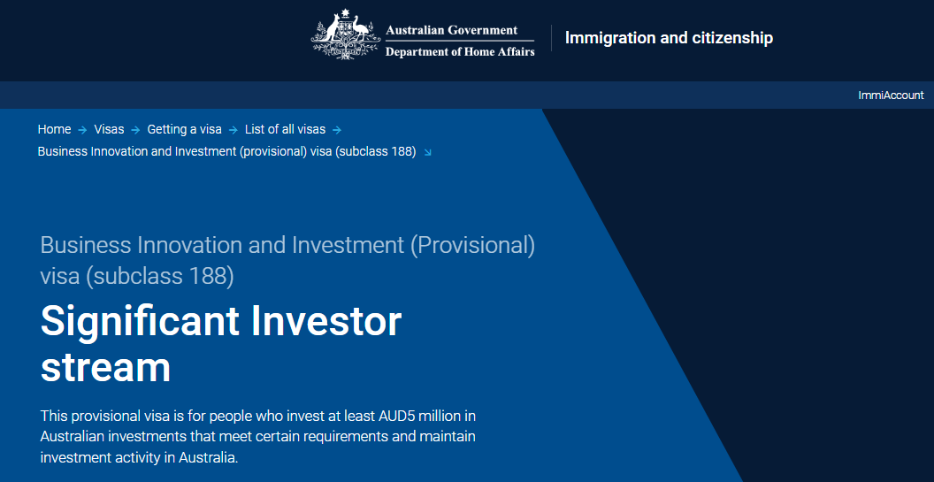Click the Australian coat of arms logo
(x=346, y=34)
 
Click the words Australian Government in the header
(x=451, y=30)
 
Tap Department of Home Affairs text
(x=460, y=52)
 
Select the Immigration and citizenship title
(x=669, y=38)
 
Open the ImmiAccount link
(x=892, y=96)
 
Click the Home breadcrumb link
(x=54, y=129)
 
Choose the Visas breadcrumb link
(x=109, y=129)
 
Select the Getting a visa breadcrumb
(x=185, y=129)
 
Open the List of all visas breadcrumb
(x=286, y=129)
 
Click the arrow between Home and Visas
(x=82, y=130)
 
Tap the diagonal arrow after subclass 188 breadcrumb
(x=427, y=152)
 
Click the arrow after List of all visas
(x=337, y=130)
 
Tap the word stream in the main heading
(x=105, y=368)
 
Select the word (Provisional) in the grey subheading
(x=472, y=246)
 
